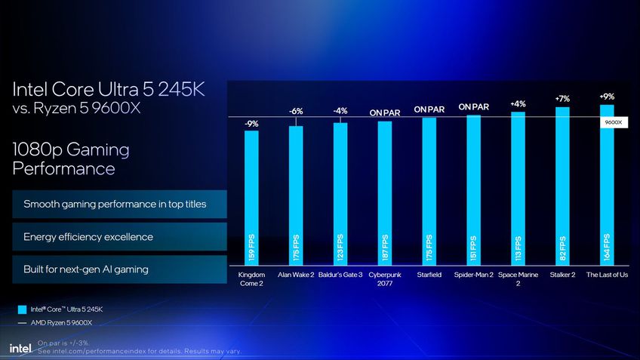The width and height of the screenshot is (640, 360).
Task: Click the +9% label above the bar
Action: pyautogui.click(x=607, y=97)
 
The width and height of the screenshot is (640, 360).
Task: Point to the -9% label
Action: pyautogui.click(x=251, y=123)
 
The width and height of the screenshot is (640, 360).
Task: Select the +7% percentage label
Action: pyautogui.click(x=562, y=99)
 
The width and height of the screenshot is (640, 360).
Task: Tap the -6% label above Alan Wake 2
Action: pyautogui.click(x=296, y=112)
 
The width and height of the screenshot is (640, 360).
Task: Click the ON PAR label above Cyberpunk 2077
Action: pyautogui.click(x=384, y=113)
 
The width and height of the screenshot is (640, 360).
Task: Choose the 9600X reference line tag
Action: pyautogui.click(x=613, y=122)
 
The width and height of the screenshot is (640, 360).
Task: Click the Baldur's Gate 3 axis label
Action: pyautogui.click(x=340, y=275)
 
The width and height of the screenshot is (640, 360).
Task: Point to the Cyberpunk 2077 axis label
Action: pyautogui.click(x=384, y=278)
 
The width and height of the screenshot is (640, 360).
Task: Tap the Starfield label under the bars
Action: pyautogui.click(x=429, y=275)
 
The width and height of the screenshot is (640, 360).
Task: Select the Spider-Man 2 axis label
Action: pyautogui.click(x=473, y=275)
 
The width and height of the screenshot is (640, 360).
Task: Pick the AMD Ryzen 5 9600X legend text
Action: pyautogui.click(x=61, y=322)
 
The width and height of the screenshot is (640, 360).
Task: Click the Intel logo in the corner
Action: pyautogui.click(x=20, y=348)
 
